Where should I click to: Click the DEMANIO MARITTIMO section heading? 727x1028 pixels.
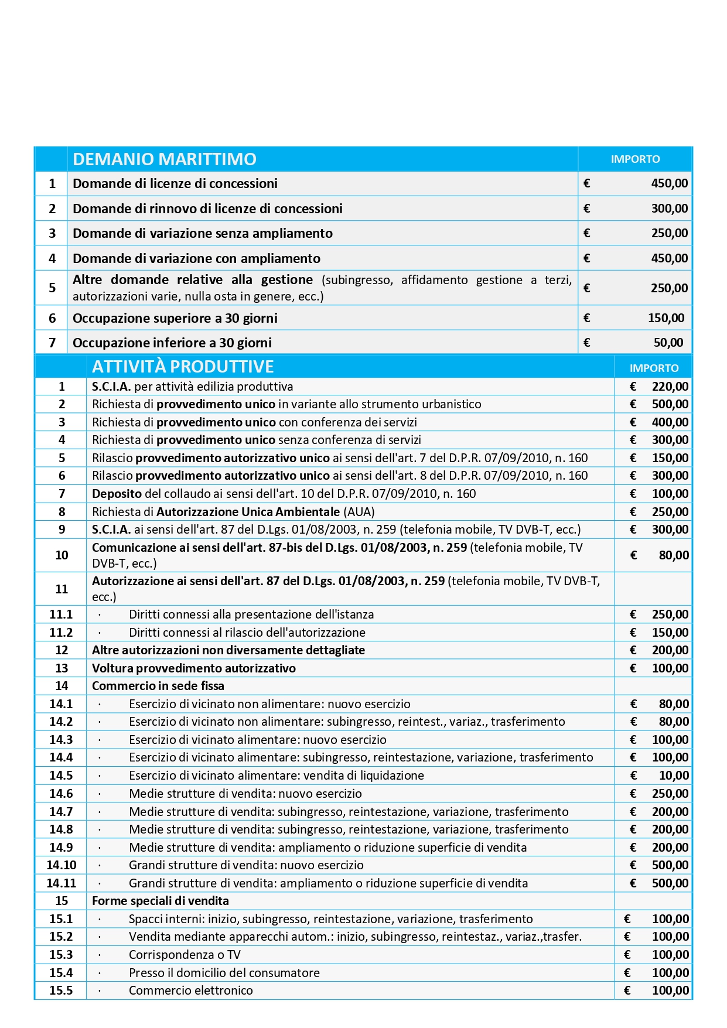coord(165,159)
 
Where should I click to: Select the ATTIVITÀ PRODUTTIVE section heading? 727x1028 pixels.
coord(183,367)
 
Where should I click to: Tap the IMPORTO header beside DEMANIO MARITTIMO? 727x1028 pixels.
coord(635,159)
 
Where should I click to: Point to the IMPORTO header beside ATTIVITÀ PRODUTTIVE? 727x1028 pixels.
coord(654,368)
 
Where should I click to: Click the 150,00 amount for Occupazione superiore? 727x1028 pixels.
coord(666,318)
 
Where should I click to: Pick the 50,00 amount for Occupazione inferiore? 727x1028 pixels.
coord(668,343)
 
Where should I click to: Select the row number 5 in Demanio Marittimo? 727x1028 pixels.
coord(52,288)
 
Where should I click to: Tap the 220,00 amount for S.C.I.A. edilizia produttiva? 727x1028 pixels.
coord(670,387)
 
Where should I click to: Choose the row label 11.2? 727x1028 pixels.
coord(61,633)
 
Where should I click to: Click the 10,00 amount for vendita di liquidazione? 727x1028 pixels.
coord(674,776)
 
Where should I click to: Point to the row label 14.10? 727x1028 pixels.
coord(62,865)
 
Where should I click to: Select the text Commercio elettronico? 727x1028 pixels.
coord(191,991)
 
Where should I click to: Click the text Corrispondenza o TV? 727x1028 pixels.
coord(185,955)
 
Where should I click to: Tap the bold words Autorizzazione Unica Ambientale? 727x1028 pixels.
coord(248,512)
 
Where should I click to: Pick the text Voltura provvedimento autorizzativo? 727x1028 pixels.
coord(194,668)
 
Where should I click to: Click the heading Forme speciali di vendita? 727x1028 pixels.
coord(161,901)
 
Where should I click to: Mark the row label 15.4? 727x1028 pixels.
coord(61,973)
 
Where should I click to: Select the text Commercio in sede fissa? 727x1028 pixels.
coord(158,686)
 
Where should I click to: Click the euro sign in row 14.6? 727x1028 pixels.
coord(633,794)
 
